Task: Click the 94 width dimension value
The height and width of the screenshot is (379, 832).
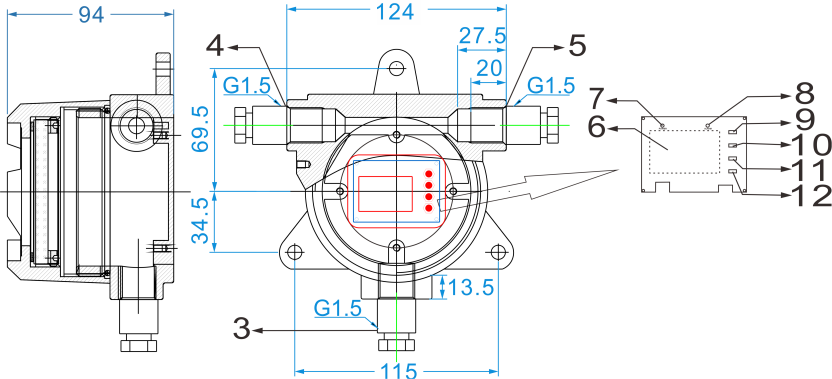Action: click(91, 14)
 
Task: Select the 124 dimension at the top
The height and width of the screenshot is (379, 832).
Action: click(395, 11)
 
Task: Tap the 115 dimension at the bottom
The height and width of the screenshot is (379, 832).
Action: click(396, 371)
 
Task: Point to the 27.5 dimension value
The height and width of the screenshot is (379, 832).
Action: click(482, 36)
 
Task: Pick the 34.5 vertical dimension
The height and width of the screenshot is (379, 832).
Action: click(200, 221)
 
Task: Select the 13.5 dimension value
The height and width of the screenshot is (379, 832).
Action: click(471, 288)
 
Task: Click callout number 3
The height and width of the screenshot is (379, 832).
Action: click(241, 329)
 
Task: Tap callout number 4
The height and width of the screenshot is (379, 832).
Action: click(215, 46)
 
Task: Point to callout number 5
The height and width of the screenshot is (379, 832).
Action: click(577, 46)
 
